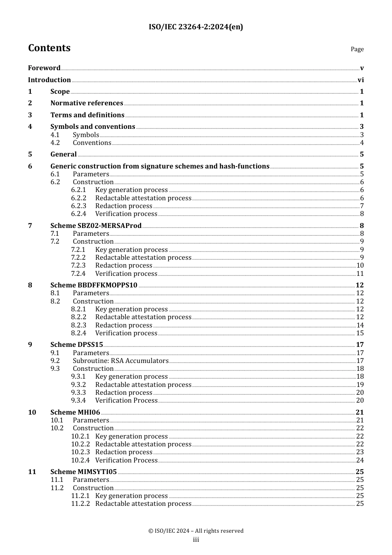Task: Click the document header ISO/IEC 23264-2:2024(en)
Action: (x=196, y=27)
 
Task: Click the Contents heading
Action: (x=49, y=48)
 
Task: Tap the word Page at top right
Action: (x=357, y=49)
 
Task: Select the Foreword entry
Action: (x=44, y=68)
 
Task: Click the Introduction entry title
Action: (x=50, y=80)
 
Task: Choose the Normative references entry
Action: (x=87, y=103)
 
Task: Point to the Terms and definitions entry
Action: (x=87, y=115)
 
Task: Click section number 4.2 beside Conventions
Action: (x=55, y=143)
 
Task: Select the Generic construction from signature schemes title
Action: (x=160, y=166)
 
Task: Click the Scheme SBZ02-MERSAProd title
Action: (x=96, y=226)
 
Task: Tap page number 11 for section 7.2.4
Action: (x=360, y=274)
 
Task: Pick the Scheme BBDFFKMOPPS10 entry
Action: (x=94, y=285)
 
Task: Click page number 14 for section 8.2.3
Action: (x=360, y=325)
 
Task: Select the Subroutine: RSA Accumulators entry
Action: (x=120, y=361)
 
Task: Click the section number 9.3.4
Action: (x=78, y=401)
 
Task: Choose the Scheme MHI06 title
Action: (x=75, y=413)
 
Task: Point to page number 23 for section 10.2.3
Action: (x=360, y=452)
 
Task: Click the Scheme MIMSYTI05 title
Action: (x=83, y=472)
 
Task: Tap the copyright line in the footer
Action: (x=196, y=531)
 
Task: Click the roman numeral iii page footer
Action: (x=196, y=540)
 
